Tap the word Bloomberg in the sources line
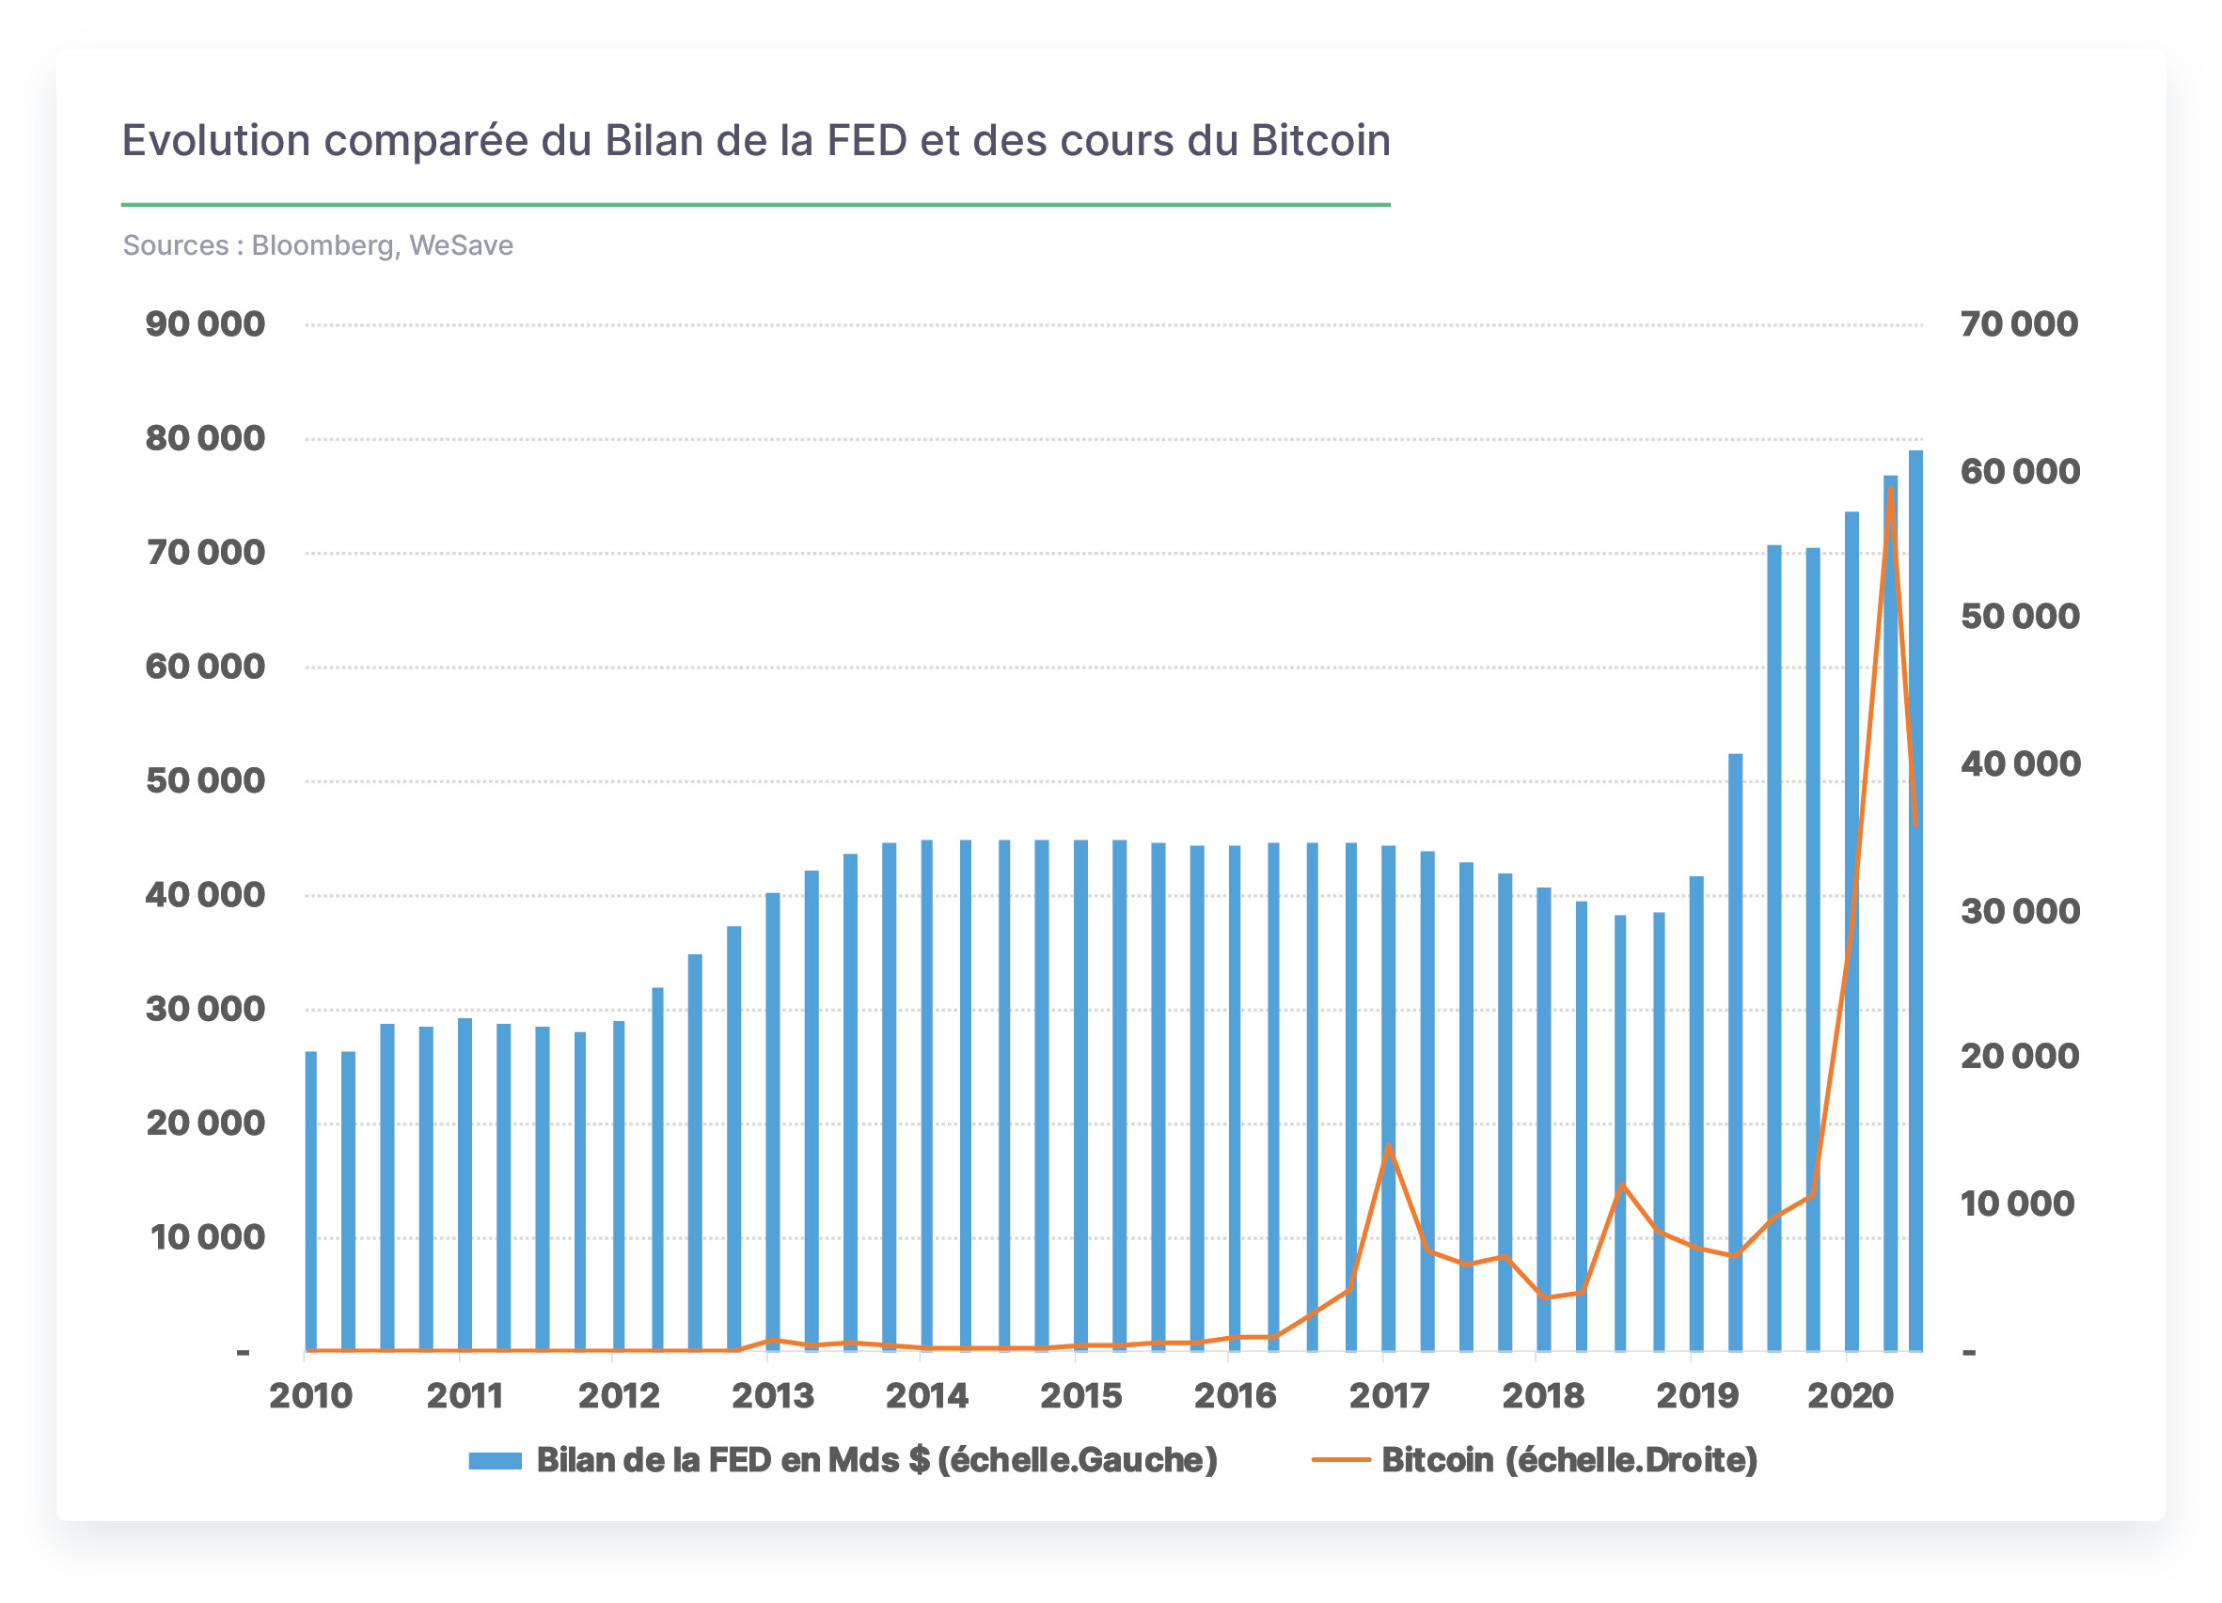click(323, 246)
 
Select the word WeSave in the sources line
click(461, 245)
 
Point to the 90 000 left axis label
click(205, 324)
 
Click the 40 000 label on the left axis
click(205, 895)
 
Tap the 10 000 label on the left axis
click(207, 1237)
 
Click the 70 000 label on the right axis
click(2018, 324)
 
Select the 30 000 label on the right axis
click(2020, 911)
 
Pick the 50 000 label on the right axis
click(2020, 617)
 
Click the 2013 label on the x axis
click(773, 1395)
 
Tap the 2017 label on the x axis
click(1388, 1395)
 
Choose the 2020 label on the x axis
click(1850, 1395)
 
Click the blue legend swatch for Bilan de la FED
click(495, 1461)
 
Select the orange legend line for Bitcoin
click(1341, 1460)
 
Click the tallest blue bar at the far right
click(1915, 902)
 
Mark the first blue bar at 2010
click(310, 1202)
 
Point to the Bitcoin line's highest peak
click(1890, 487)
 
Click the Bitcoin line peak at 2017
click(1388, 1146)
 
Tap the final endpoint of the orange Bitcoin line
click(1916, 825)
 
